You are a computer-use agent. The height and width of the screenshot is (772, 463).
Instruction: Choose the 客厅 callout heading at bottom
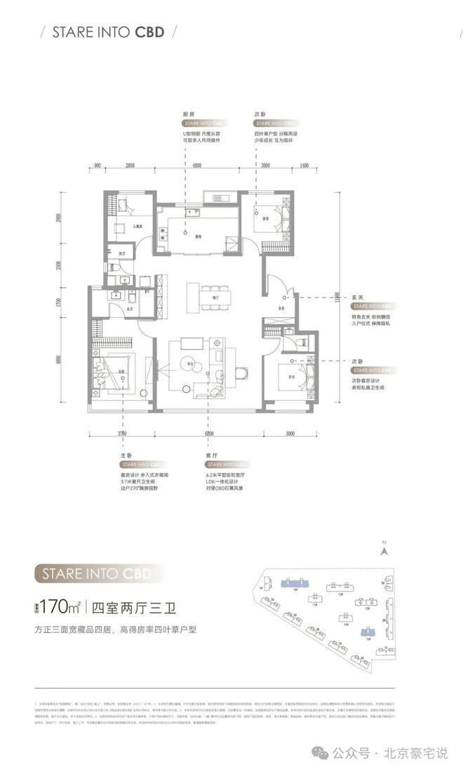213,455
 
